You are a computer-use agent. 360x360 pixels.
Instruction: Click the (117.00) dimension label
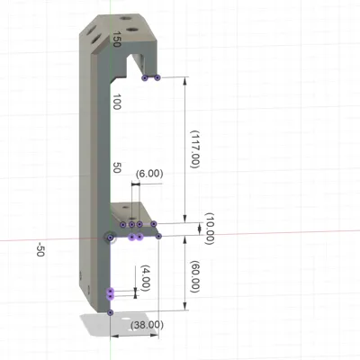(195, 149)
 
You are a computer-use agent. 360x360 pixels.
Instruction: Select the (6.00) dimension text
(149, 174)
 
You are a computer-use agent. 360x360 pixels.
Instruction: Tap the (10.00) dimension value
(210, 229)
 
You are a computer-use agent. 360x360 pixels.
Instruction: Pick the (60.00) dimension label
(195, 276)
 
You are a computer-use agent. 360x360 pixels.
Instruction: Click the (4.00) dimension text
(145, 277)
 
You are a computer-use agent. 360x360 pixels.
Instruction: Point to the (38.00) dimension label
(147, 325)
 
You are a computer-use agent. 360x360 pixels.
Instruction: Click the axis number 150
(117, 39)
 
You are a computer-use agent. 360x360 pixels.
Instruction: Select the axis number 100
(117, 102)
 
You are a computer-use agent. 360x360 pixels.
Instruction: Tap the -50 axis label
(40, 250)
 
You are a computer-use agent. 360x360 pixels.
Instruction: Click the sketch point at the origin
(110, 238)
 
